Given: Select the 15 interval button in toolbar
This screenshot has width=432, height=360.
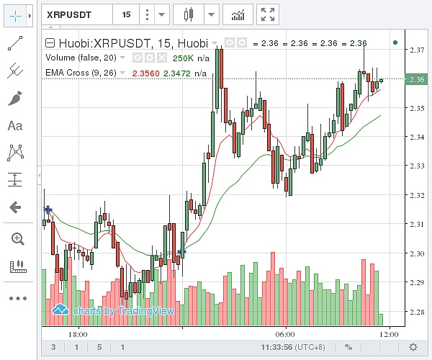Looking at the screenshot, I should point(126,14).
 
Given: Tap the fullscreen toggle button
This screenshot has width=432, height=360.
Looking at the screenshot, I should point(268,14).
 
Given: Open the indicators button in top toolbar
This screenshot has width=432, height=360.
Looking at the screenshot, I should point(237,14).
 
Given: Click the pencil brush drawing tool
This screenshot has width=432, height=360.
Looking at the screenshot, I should point(15,99).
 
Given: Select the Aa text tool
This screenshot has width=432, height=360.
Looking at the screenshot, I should point(15,126).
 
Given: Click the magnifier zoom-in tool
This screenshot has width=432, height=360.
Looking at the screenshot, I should point(15,238).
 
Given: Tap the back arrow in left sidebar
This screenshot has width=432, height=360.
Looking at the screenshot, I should point(15,207).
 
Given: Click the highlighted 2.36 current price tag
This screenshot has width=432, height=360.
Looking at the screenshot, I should point(417,80).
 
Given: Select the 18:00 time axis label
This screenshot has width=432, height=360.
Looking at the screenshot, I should point(78,334).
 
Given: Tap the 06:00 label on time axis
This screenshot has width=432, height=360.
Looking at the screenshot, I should point(285,334).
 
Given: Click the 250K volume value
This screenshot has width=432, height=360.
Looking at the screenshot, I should point(183,58).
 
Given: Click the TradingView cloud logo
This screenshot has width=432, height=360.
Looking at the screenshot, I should point(60,310).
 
